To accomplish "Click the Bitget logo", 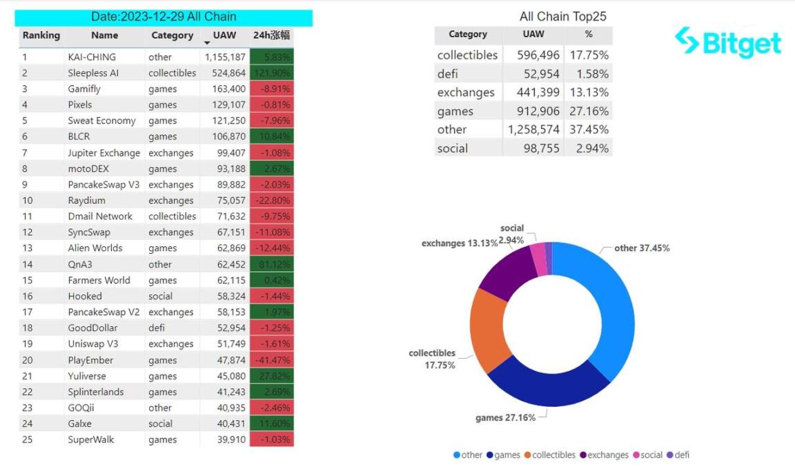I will click(x=727, y=43).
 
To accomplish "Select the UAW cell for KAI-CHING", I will click(x=225, y=57).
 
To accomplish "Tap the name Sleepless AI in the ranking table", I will click(x=93, y=73).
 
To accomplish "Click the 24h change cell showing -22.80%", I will click(x=272, y=201).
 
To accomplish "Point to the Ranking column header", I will click(x=41, y=36).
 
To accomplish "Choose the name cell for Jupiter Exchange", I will click(x=104, y=153).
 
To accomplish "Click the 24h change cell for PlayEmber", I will click(x=272, y=360).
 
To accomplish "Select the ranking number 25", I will click(x=28, y=440).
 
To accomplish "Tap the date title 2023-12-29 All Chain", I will click(x=164, y=17).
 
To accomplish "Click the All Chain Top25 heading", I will click(x=562, y=17).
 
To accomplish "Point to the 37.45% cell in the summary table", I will click(x=588, y=130).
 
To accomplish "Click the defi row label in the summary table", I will click(x=447, y=74).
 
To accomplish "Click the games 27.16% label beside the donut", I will click(x=505, y=418).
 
